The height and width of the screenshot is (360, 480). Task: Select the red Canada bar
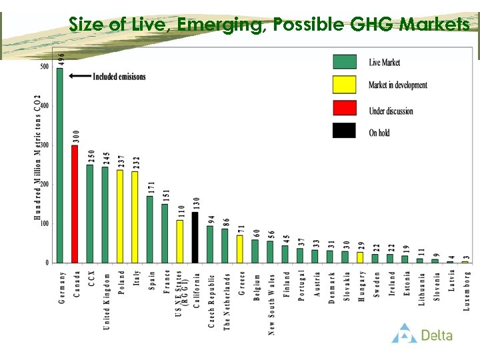tap(75, 204)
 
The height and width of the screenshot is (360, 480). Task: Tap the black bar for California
tap(195, 237)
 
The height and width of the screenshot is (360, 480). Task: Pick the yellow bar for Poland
tap(120, 216)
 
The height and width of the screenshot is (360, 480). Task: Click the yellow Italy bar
tap(135, 217)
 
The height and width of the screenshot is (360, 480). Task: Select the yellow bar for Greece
tap(240, 249)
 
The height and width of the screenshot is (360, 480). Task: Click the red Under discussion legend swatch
tap(345, 109)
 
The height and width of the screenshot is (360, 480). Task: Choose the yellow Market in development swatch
tap(345, 85)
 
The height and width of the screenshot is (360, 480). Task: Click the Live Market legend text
tap(385, 63)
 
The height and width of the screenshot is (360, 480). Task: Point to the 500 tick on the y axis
tap(45, 67)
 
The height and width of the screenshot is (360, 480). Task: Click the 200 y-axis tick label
tap(45, 184)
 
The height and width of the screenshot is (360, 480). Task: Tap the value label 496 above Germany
tap(61, 59)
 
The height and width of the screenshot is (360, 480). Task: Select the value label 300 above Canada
tap(76, 137)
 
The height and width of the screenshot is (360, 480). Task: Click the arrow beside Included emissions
tap(80, 77)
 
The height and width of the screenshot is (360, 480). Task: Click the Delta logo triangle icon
tap(404, 333)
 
